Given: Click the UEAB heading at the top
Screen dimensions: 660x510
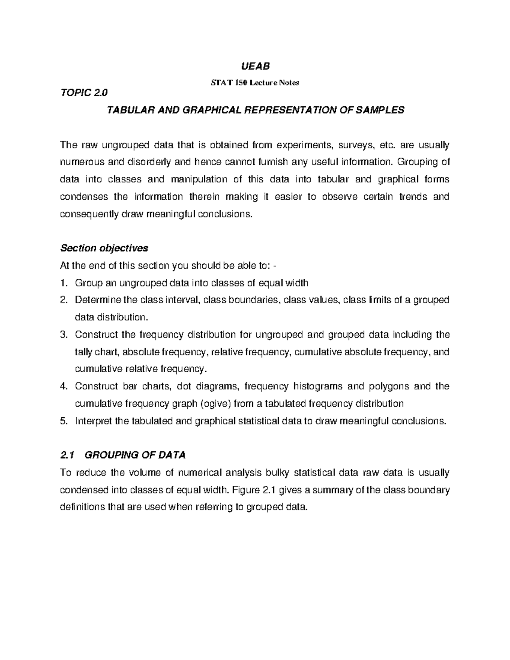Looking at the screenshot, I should (x=255, y=66).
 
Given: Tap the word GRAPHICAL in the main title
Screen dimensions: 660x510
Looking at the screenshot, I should (x=211, y=110).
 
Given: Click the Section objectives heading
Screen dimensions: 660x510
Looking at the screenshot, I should (x=104, y=248).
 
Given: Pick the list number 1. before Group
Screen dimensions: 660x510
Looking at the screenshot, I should (x=64, y=283).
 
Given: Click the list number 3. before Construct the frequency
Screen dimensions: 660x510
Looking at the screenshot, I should (x=64, y=335).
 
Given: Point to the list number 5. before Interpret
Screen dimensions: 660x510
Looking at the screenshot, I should (x=64, y=421).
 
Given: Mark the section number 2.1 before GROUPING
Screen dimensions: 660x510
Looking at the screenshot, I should (x=67, y=455).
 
